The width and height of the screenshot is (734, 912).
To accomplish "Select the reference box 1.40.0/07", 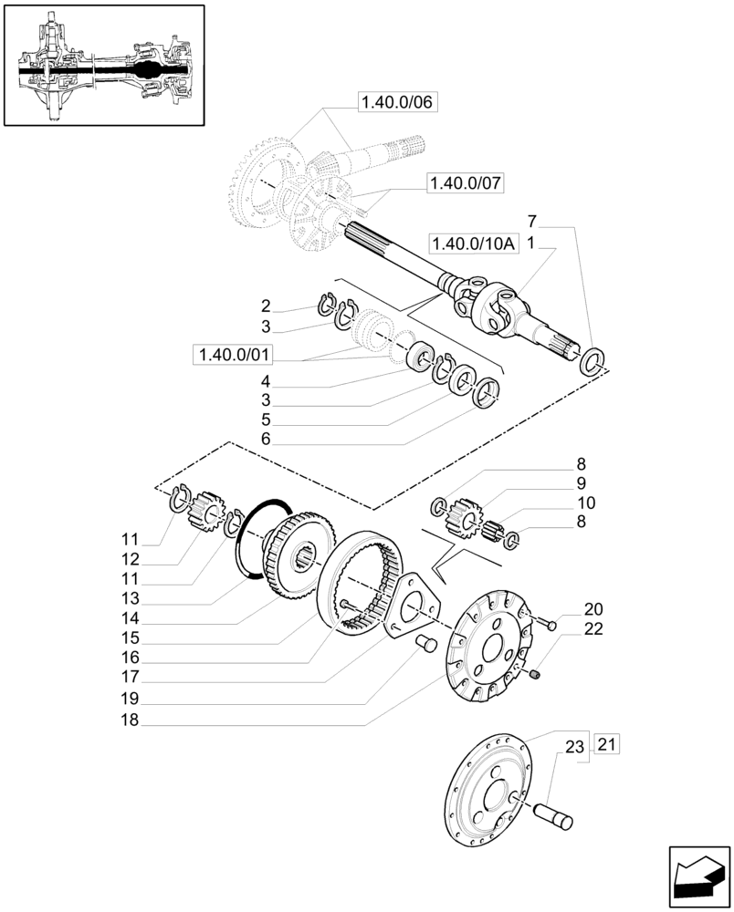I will (466, 184).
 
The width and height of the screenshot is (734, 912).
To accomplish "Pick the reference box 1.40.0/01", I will (233, 354).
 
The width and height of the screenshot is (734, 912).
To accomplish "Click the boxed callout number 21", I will (608, 745).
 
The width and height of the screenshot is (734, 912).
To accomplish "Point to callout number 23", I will (573, 746).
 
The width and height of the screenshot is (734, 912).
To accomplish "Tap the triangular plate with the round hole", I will (409, 606).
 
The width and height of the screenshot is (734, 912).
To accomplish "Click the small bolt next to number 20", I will (549, 624).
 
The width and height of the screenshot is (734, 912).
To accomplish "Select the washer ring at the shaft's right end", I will (593, 360).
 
